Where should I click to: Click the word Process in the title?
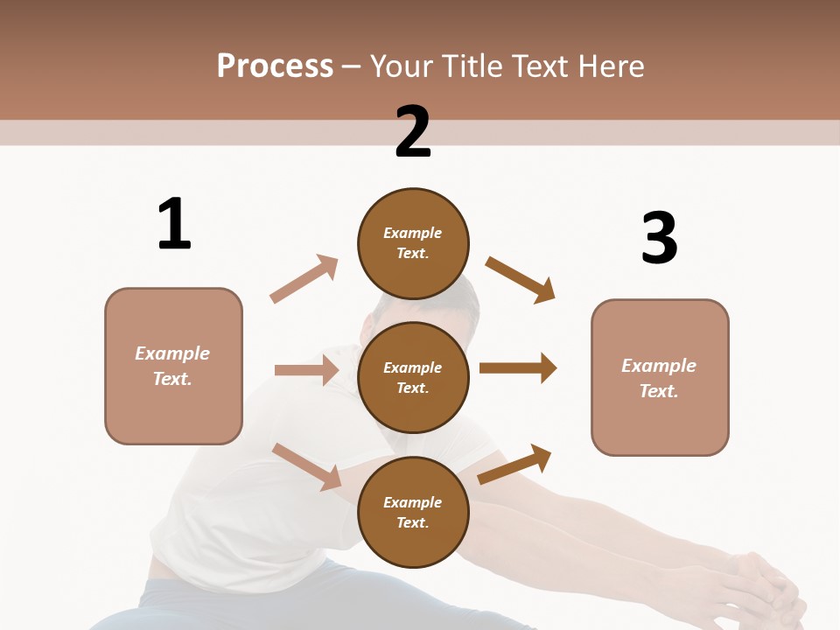click(x=275, y=66)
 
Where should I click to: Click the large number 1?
click(x=174, y=225)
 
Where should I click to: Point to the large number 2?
click(x=413, y=132)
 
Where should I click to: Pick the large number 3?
click(x=659, y=238)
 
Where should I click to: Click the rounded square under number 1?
click(x=173, y=366)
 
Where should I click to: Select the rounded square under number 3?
click(x=660, y=378)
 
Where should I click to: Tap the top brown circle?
click(x=413, y=243)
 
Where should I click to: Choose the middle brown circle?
click(x=413, y=377)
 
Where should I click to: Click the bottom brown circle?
click(x=413, y=512)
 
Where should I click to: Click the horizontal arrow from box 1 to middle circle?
click(x=306, y=370)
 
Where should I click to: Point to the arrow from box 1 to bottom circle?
click(x=307, y=465)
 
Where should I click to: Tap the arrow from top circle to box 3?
click(x=521, y=279)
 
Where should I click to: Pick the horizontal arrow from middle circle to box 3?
click(x=518, y=368)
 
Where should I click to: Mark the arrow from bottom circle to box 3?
click(x=514, y=465)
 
